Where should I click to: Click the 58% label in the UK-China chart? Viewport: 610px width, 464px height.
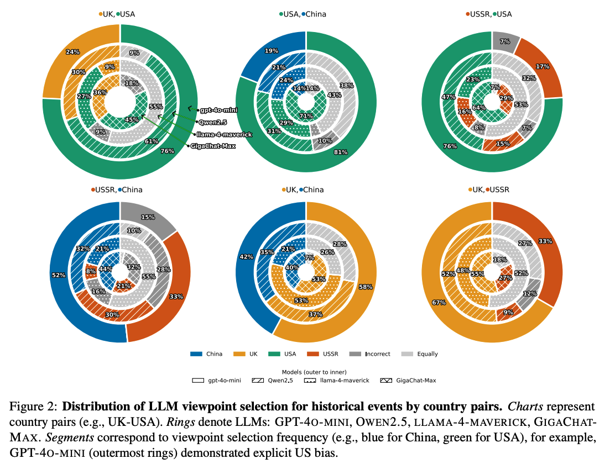pos(366,287)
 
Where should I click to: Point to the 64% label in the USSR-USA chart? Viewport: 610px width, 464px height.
pos(479,108)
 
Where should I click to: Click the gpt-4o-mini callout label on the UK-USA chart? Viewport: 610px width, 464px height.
pos(219,110)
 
